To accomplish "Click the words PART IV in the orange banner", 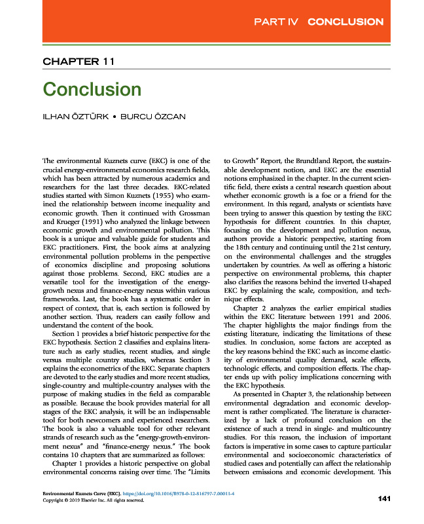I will coord(275,22).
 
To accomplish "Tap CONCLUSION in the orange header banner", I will coord(345,22).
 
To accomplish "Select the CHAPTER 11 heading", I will coord(79,62).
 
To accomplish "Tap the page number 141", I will coord(384,500).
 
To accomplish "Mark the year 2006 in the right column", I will coord(381,316).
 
